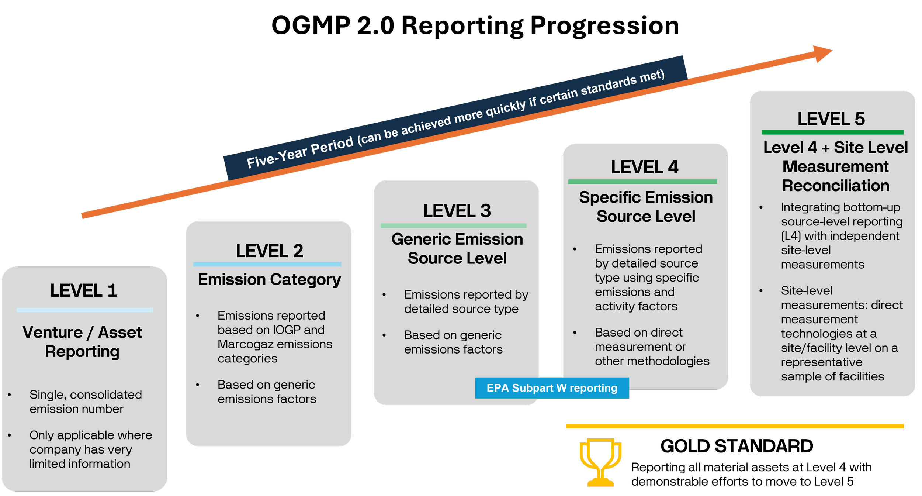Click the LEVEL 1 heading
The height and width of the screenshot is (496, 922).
[x=84, y=290]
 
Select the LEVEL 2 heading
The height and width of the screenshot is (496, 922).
[x=269, y=251]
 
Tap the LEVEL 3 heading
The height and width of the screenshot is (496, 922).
[x=457, y=211]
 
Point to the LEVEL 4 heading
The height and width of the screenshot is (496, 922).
[x=644, y=167]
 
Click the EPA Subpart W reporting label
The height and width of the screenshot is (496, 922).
[x=552, y=388]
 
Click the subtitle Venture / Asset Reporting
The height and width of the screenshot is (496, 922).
[x=82, y=342]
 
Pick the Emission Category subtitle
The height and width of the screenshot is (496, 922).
[x=269, y=279]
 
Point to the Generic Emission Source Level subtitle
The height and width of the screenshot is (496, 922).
[x=457, y=249]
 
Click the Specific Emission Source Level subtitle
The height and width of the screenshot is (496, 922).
[x=646, y=207]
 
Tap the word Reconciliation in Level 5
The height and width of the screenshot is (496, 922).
[x=835, y=186]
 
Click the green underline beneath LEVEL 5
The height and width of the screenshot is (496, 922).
[x=832, y=132]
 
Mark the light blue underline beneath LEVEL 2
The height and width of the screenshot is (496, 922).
[x=267, y=264]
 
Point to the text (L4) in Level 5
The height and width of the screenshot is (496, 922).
[x=790, y=236]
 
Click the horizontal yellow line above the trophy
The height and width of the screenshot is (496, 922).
[x=734, y=426]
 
